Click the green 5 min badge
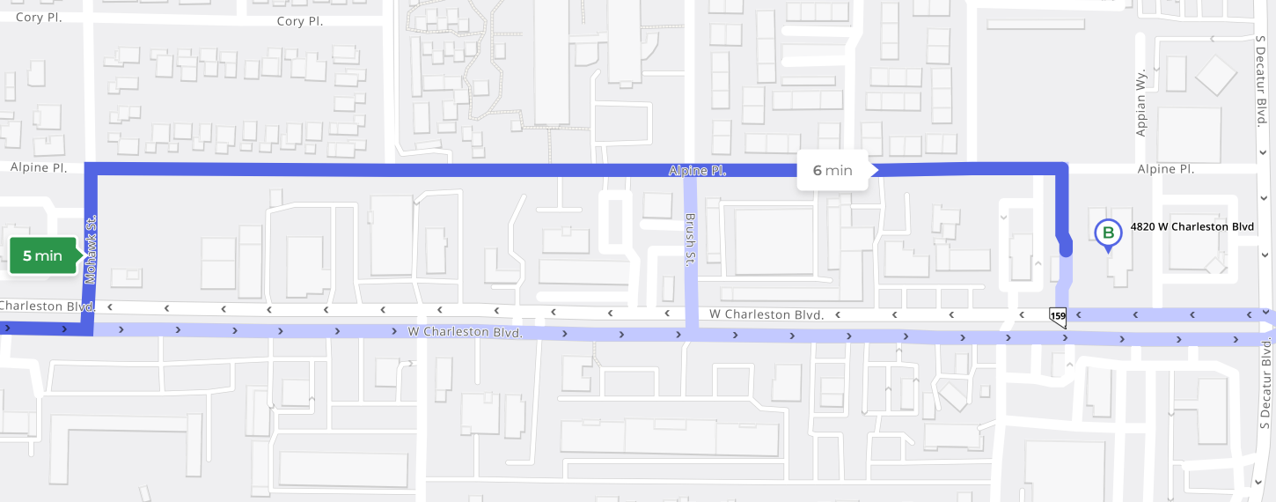(x=42, y=256)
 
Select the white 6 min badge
(x=832, y=170)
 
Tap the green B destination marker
(x=1108, y=233)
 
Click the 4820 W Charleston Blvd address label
(x=1192, y=226)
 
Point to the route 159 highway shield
(x=1058, y=316)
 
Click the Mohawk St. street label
(x=91, y=251)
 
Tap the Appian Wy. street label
(x=1141, y=102)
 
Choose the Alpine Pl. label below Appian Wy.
(x=1165, y=168)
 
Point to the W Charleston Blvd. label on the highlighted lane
(x=465, y=333)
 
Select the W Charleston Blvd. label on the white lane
(x=766, y=314)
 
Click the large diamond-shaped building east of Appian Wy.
(x=1214, y=76)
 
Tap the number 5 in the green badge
(x=27, y=256)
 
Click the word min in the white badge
(x=839, y=170)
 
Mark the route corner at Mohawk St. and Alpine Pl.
(x=90, y=169)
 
